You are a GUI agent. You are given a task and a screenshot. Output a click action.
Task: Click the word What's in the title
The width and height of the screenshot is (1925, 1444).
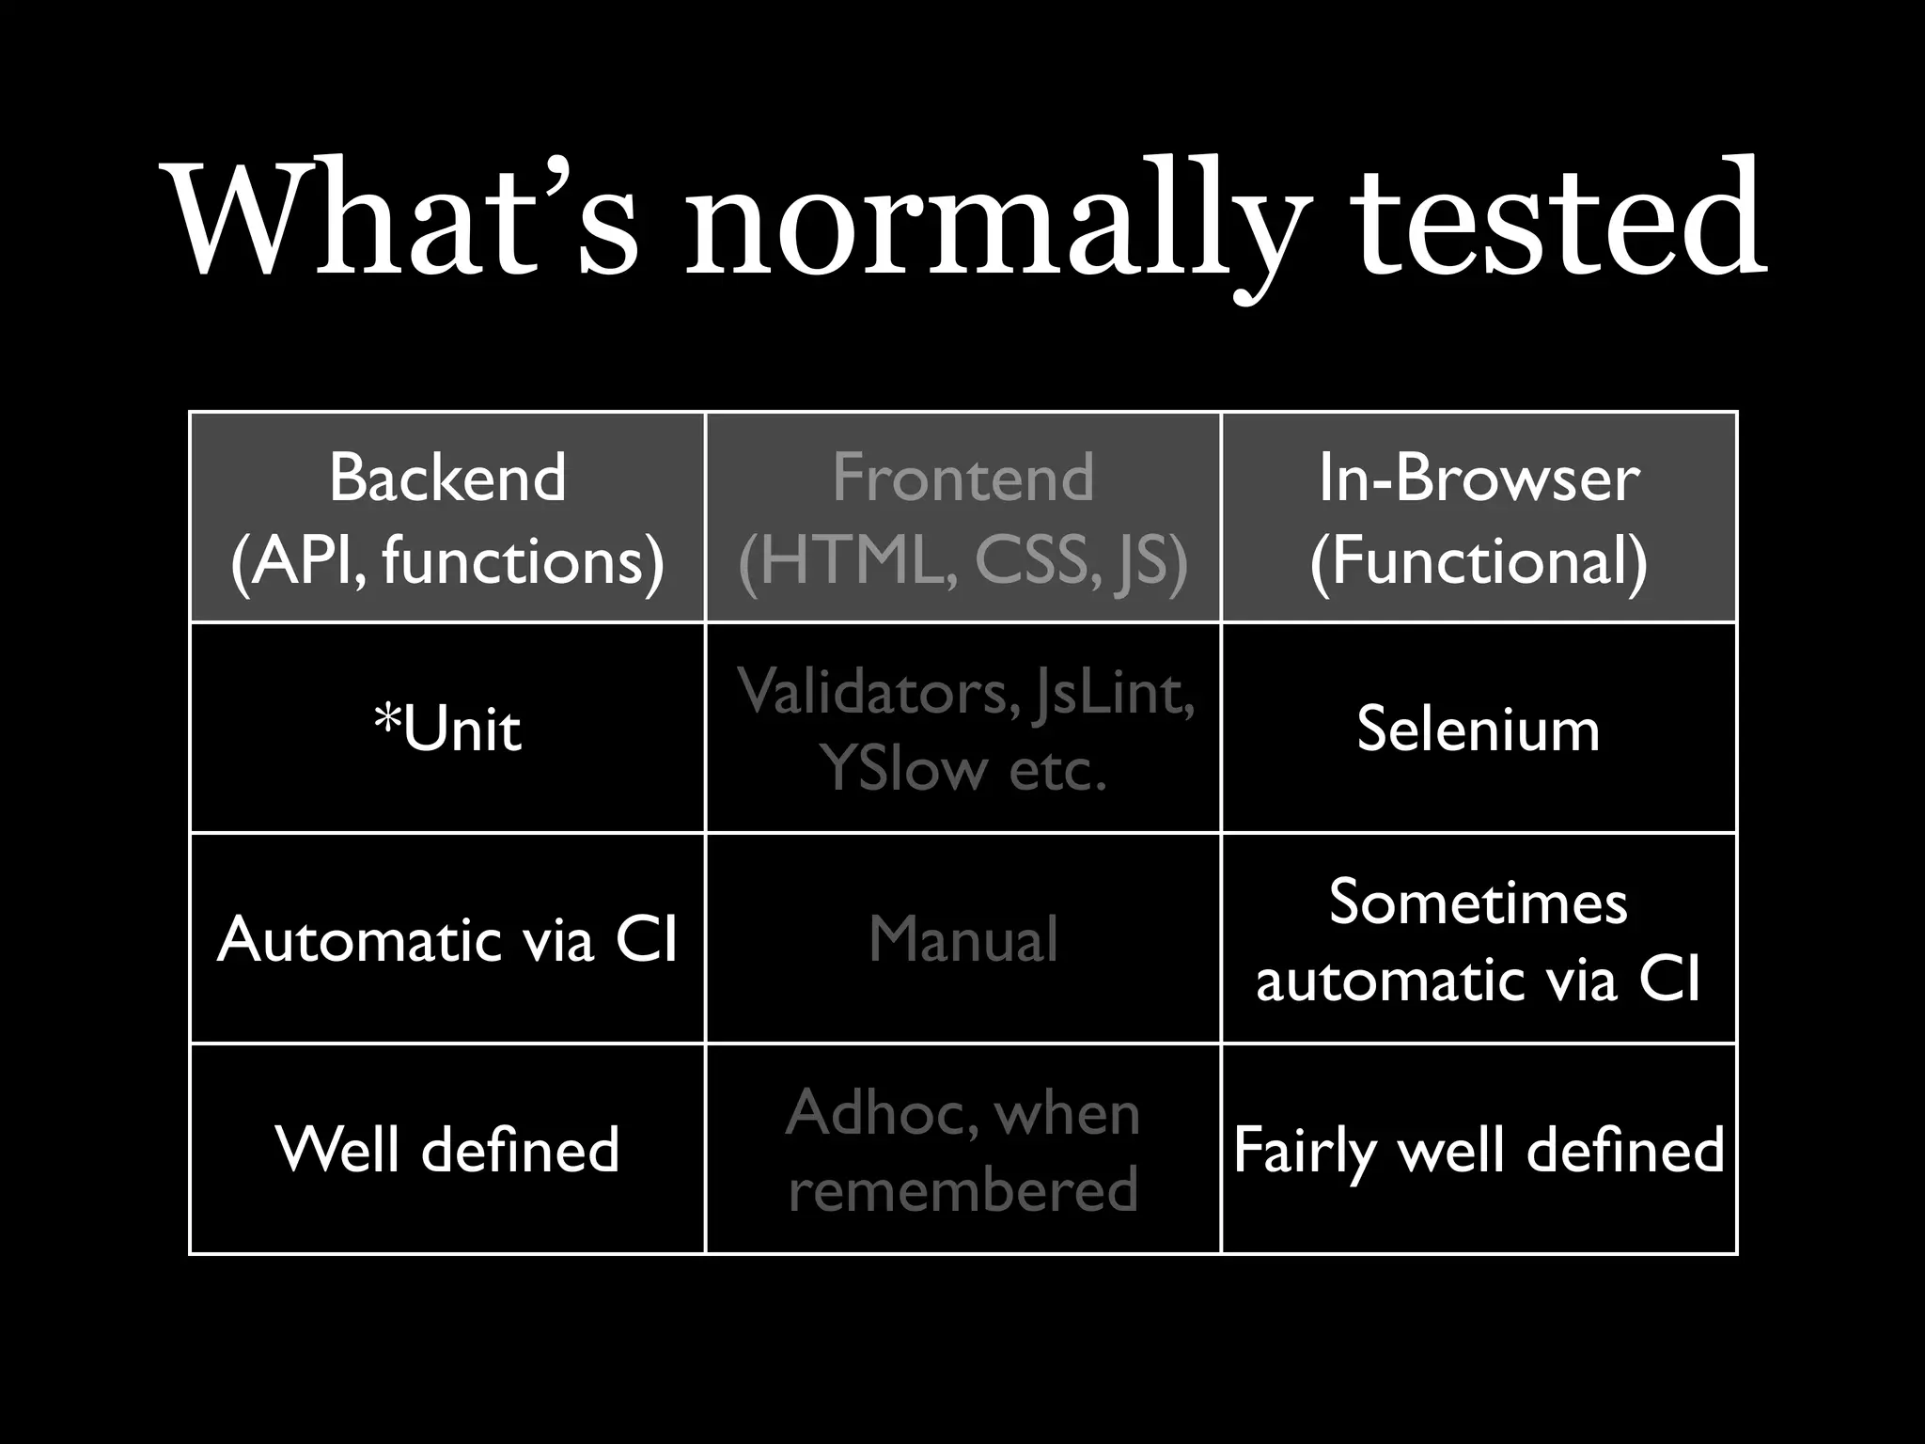(x=404, y=221)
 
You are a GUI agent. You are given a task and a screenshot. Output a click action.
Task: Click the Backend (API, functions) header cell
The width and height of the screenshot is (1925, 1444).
(x=447, y=518)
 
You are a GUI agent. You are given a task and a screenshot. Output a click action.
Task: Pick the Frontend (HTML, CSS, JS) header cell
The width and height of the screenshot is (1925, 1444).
(x=962, y=518)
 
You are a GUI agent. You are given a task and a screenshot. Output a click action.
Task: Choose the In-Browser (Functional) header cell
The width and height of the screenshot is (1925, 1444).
(x=1479, y=518)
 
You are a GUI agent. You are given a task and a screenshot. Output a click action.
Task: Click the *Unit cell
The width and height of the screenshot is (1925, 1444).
(x=447, y=729)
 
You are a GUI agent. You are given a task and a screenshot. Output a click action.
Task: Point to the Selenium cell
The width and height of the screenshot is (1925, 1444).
(x=1479, y=729)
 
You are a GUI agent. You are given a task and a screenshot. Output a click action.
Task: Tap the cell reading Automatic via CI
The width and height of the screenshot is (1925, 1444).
(x=447, y=939)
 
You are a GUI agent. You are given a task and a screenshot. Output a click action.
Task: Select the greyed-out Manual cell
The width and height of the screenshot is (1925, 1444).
(x=962, y=939)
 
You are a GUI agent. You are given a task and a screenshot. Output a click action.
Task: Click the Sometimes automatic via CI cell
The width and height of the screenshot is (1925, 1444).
(x=1479, y=939)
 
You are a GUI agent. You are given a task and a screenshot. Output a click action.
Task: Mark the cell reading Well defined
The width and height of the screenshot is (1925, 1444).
(x=447, y=1149)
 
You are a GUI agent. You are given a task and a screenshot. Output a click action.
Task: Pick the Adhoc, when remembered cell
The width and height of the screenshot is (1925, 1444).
(x=962, y=1149)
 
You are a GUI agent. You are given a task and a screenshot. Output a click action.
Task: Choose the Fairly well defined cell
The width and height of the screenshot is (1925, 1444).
(x=1479, y=1149)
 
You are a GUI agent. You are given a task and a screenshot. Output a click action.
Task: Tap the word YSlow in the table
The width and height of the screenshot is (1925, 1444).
(x=902, y=768)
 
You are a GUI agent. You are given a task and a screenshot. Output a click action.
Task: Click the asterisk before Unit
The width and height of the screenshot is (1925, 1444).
(x=386, y=720)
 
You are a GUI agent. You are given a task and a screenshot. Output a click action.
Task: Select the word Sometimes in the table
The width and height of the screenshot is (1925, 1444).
(x=1479, y=902)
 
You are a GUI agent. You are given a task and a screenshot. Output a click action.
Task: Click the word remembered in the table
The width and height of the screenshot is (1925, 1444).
(x=962, y=1188)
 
